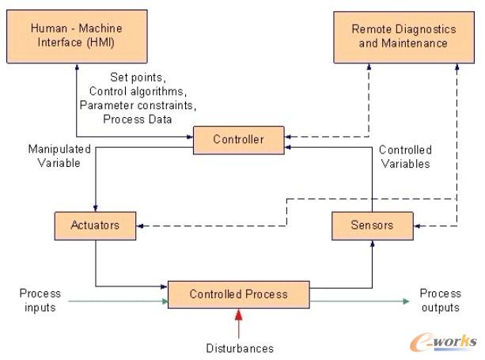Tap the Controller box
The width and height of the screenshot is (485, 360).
(x=238, y=140)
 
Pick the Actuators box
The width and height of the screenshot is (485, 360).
(x=94, y=225)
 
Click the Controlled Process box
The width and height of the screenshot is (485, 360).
(x=238, y=294)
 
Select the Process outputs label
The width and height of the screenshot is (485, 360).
(x=440, y=300)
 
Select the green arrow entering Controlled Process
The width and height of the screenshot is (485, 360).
(x=119, y=299)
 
